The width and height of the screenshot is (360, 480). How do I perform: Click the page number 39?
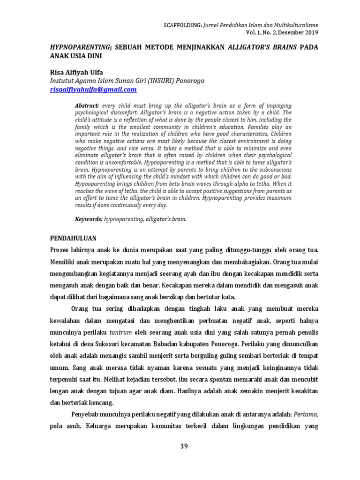click(184, 446)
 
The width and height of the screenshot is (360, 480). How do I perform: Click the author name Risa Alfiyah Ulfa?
click(76, 72)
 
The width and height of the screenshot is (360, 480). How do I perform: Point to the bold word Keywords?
click(89, 219)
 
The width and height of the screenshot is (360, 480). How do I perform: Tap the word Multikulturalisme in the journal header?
click(293, 25)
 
